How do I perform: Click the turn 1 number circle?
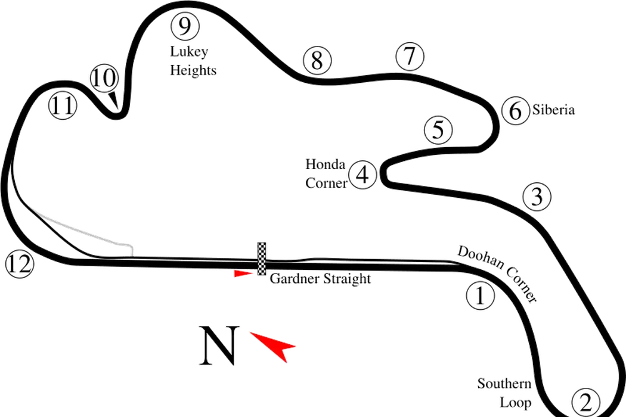point(481,295)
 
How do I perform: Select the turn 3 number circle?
point(537,197)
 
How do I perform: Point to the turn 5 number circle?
point(438,130)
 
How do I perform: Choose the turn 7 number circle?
point(409,58)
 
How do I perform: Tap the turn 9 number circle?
point(184,26)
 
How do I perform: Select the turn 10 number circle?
point(104,77)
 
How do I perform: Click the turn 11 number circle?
point(63,105)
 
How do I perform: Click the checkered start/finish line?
point(262,259)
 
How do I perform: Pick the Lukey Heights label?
point(193,61)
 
